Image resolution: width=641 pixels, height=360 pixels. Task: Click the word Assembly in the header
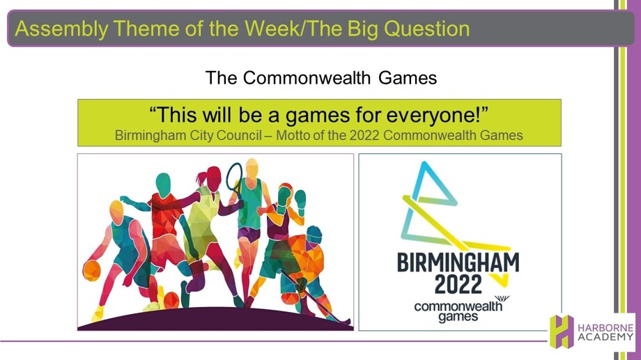61,29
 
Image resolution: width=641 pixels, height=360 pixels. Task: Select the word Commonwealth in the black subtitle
307,77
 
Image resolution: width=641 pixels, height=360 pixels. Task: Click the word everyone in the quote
433,115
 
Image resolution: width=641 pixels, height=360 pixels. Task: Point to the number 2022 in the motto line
364,135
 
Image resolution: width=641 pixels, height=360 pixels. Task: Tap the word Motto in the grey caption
293,135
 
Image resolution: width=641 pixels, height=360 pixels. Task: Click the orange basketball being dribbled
91,270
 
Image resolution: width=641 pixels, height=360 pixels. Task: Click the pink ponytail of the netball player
201,178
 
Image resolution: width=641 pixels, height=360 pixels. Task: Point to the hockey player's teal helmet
314,234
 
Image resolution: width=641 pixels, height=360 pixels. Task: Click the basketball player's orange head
116,212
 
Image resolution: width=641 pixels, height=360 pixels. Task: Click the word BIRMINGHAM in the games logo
458,263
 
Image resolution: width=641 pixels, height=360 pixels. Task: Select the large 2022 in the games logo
458,284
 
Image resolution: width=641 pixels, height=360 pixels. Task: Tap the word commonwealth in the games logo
458,306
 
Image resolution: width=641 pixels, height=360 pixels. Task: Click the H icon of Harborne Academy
562,331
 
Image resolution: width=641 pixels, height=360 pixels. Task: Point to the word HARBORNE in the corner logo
605,328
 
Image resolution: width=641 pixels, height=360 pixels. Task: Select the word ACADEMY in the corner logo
605,338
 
